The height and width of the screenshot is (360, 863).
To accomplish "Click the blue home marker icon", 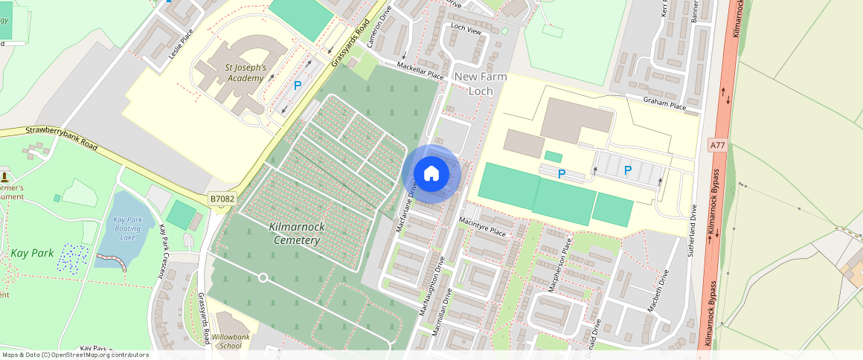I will [x=431, y=174].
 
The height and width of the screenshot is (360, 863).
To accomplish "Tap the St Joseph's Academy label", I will [x=245, y=73].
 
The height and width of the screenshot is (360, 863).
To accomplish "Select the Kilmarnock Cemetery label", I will [x=296, y=234].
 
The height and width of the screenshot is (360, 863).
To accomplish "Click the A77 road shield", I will [x=717, y=146].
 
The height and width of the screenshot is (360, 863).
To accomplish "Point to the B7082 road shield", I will [x=222, y=199].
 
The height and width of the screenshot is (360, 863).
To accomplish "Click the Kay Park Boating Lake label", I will [x=128, y=228].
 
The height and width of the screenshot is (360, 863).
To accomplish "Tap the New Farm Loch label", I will [x=480, y=83].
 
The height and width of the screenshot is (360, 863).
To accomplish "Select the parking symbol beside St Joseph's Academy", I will [x=298, y=86].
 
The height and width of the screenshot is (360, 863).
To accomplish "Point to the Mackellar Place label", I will [x=420, y=71].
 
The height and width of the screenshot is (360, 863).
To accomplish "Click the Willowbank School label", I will [x=226, y=341].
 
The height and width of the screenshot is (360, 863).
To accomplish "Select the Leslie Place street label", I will [x=181, y=44].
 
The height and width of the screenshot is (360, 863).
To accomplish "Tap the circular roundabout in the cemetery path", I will [x=263, y=277].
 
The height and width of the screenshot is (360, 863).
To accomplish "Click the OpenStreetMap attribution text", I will [x=74, y=355].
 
